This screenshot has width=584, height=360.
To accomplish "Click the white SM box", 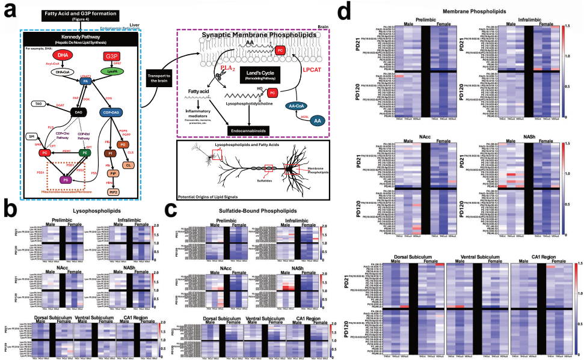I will point(30,138).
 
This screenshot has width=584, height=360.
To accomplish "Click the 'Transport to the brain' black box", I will point(158,79).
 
